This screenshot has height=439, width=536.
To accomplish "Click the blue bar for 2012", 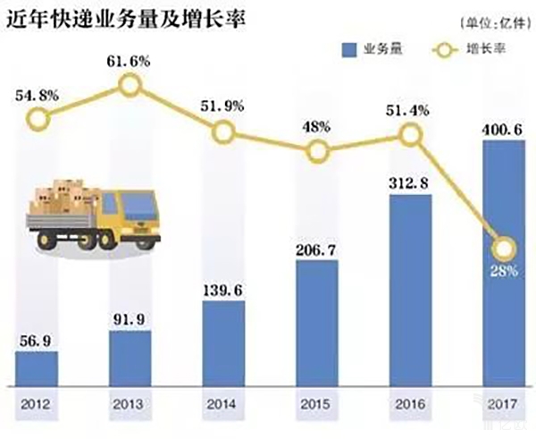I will [37, 366].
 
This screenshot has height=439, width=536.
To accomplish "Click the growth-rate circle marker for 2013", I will [130, 85].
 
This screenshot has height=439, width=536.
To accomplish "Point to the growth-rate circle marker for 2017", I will [504, 249].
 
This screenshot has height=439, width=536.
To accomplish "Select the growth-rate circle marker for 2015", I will [317, 152].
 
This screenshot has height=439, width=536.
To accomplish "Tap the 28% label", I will [504, 271].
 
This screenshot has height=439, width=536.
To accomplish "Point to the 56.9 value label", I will [37, 341].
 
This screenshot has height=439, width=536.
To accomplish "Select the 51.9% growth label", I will [224, 106].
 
